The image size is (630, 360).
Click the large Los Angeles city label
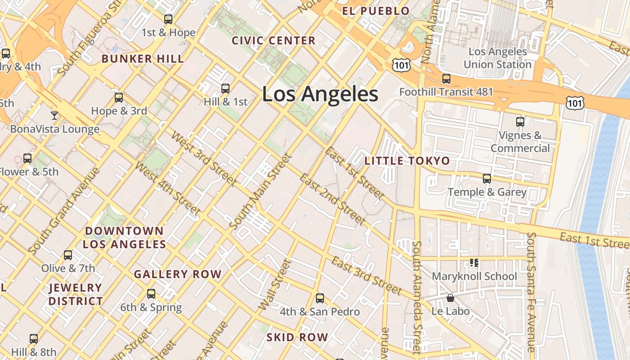pyautogui.click(x=320, y=94)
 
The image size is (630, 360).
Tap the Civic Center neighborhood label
pyautogui.click(x=274, y=40)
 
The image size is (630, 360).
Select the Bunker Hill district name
pyautogui.click(x=143, y=58)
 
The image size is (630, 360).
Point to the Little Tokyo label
pyautogui.click(x=407, y=161)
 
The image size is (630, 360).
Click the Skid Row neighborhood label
pyautogui.click(x=297, y=337)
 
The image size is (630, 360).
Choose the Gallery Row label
pyautogui.click(x=178, y=274)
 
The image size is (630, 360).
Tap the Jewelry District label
pyautogui.click(x=76, y=294)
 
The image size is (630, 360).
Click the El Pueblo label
pyautogui.click(x=376, y=11)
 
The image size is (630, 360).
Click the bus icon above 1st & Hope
pyautogui.click(x=168, y=19)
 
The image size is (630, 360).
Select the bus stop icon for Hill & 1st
pyautogui.click(x=225, y=88)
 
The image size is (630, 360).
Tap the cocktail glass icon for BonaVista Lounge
pyautogui.click(x=54, y=116)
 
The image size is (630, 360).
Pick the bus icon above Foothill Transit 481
pyautogui.click(x=446, y=79)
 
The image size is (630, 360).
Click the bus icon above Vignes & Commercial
pyautogui.click(x=520, y=121)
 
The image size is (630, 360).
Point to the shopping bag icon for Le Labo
pyautogui.click(x=450, y=298)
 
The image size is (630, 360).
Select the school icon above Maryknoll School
pyautogui.click(x=474, y=262)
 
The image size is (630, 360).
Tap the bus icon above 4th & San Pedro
pyautogui.click(x=320, y=298)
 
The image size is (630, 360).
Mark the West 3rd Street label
pyautogui.click(x=203, y=158)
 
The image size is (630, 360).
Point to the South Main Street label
pyautogui.click(x=261, y=191)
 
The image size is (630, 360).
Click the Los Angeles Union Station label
pyautogui.click(x=497, y=58)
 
